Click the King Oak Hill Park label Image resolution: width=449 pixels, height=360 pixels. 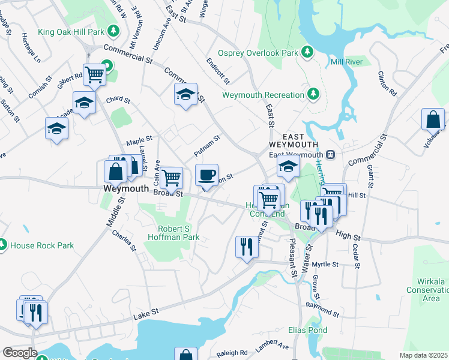[x=71, y=32]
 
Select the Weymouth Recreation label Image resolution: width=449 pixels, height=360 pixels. [x=264, y=95]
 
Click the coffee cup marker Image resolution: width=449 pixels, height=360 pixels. [x=206, y=175]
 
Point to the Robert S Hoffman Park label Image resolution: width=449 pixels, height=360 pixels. [x=174, y=233]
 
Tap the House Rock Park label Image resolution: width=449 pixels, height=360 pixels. [x=42, y=245]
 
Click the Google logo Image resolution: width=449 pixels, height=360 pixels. [x=19, y=352]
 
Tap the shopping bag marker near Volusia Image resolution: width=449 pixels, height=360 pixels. [x=433, y=120]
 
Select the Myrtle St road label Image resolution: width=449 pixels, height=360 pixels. [x=326, y=264]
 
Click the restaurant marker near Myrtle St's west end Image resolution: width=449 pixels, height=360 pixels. [x=247, y=247]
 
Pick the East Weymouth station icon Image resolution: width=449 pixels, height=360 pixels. [x=330, y=155]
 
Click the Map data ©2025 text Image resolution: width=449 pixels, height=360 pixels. [x=424, y=355]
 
